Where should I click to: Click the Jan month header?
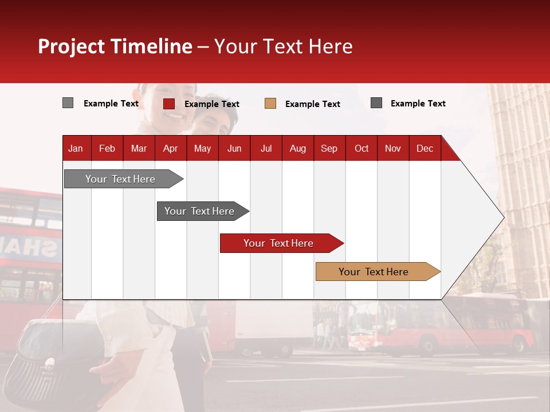(x=76, y=148)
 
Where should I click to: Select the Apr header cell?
(x=170, y=148)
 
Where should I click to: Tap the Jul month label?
(x=266, y=148)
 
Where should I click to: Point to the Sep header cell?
(x=329, y=148)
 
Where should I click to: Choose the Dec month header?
(x=425, y=148)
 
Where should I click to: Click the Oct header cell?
(x=361, y=148)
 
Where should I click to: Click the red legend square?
(x=168, y=104)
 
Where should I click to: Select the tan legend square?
(x=270, y=104)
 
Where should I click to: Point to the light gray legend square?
(x=68, y=103)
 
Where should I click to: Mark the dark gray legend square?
(x=376, y=103)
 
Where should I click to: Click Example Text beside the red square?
(x=211, y=104)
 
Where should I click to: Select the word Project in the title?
(x=72, y=46)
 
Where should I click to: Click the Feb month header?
(x=107, y=148)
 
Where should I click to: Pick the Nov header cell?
(x=392, y=148)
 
